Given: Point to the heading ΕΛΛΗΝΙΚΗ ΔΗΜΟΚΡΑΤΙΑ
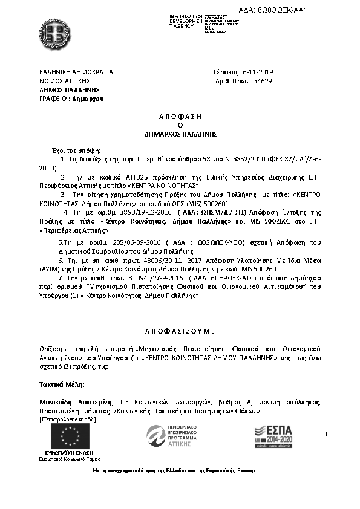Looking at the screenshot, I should tap(76, 72).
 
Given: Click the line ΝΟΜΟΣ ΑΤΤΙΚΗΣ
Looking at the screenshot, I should tap(65, 80).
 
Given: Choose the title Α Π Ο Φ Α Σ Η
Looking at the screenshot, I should tap(180, 115).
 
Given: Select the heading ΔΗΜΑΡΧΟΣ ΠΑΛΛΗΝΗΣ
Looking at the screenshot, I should tap(180, 133).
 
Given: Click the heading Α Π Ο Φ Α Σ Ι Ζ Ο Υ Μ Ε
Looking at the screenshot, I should tap(180, 331).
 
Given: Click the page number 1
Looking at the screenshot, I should tap(326, 435).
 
